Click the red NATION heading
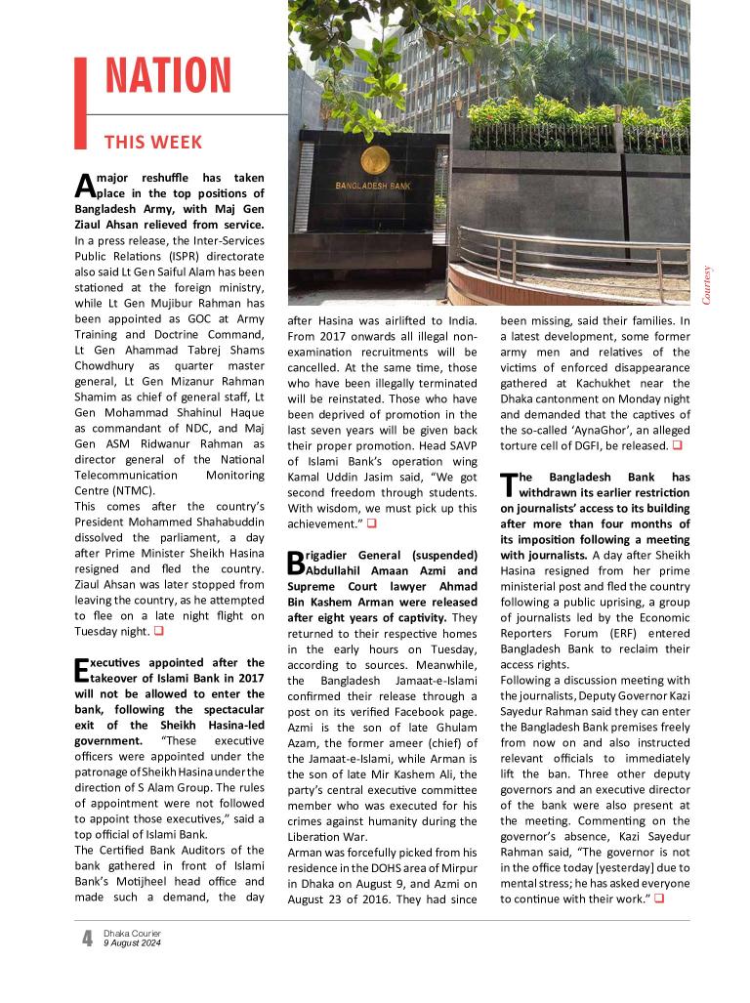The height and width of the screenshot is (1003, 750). click(168, 76)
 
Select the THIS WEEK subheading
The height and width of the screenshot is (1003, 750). click(153, 143)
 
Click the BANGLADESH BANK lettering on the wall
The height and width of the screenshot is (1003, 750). click(372, 185)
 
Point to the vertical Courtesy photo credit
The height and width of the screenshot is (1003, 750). click(708, 284)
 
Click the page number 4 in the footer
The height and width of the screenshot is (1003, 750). click(87, 939)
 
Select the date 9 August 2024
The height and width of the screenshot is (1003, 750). click(132, 943)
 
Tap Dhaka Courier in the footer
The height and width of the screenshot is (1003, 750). click(132, 934)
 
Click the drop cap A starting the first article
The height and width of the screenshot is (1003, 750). click(83, 187)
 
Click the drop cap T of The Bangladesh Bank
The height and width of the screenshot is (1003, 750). click(508, 484)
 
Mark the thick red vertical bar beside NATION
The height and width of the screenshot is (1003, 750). click(81, 103)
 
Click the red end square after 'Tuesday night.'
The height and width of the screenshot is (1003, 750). click(159, 631)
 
